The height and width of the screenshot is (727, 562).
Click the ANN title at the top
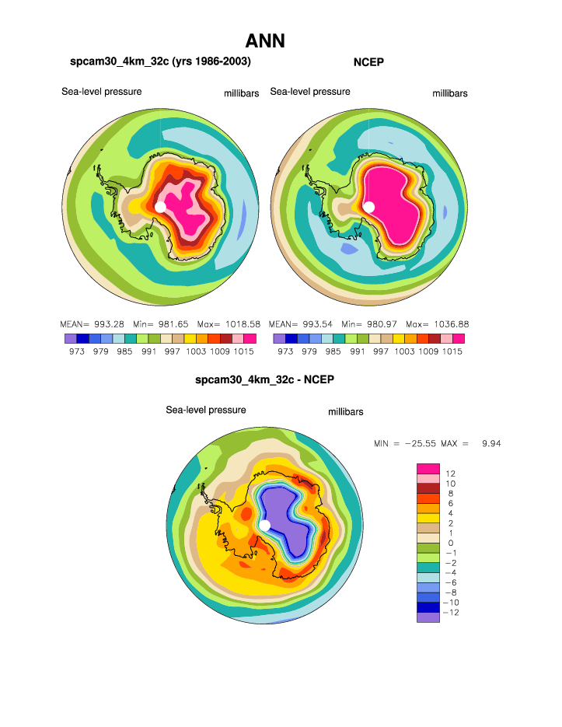pos(265,40)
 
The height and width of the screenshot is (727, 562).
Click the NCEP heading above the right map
pos(369,61)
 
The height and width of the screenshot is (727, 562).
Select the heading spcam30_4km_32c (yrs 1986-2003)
pos(160,61)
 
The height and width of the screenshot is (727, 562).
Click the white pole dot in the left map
pos(160,207)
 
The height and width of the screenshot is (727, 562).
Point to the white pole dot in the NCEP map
pos(368,207)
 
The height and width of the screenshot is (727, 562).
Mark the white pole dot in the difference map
pos(265,526)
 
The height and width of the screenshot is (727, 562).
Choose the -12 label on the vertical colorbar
pos(451,613)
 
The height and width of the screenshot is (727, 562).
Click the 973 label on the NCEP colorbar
pos(285,351)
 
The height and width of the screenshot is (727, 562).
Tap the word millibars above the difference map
pos(345,412)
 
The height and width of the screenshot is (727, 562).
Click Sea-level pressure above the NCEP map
pos(310,92)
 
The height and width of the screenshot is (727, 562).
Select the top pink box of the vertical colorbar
pos(428,468)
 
